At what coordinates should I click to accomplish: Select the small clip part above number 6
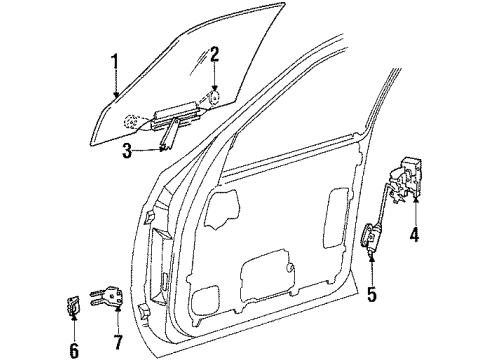73,305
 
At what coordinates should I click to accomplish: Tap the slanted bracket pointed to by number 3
173,131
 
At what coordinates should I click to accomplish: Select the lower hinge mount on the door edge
148,300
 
